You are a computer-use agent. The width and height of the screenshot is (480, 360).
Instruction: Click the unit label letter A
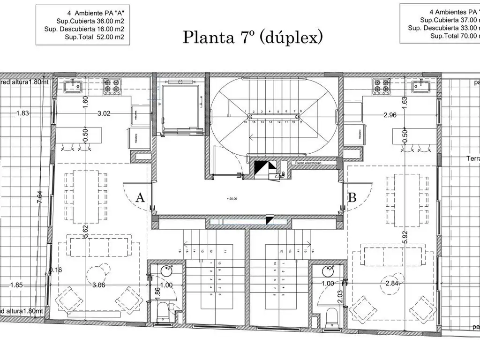pos(140,197)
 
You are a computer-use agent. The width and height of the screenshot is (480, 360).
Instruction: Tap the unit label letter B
pos(352,197)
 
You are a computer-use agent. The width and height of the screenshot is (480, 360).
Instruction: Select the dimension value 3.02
pos(104,113)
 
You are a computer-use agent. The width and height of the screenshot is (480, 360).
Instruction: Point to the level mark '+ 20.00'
pos(232,199)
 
